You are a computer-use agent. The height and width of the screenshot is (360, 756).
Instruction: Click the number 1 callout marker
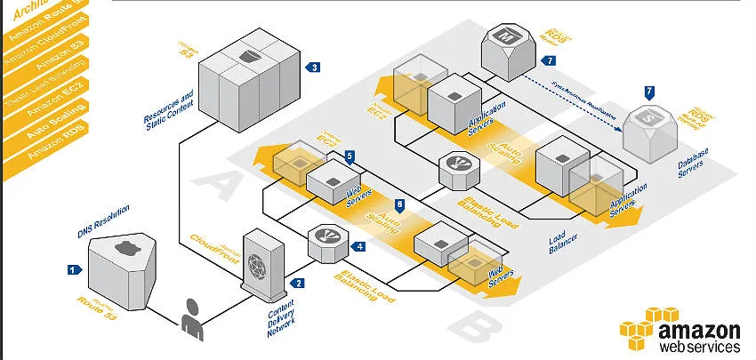[x=72, y=268]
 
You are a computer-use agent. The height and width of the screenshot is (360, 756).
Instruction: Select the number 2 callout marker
[x=298, y=283]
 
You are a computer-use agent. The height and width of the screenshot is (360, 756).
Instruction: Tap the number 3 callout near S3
[x=312, y=67]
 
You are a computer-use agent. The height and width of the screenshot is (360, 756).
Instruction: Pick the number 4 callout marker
[x=359, y=246]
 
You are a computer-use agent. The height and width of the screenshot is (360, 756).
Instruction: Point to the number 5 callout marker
[x=350, y=156]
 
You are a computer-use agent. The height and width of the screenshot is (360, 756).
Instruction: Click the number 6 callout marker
[x=399, y=204]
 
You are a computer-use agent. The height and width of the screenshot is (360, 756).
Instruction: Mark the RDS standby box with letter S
[x=648, y=124]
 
